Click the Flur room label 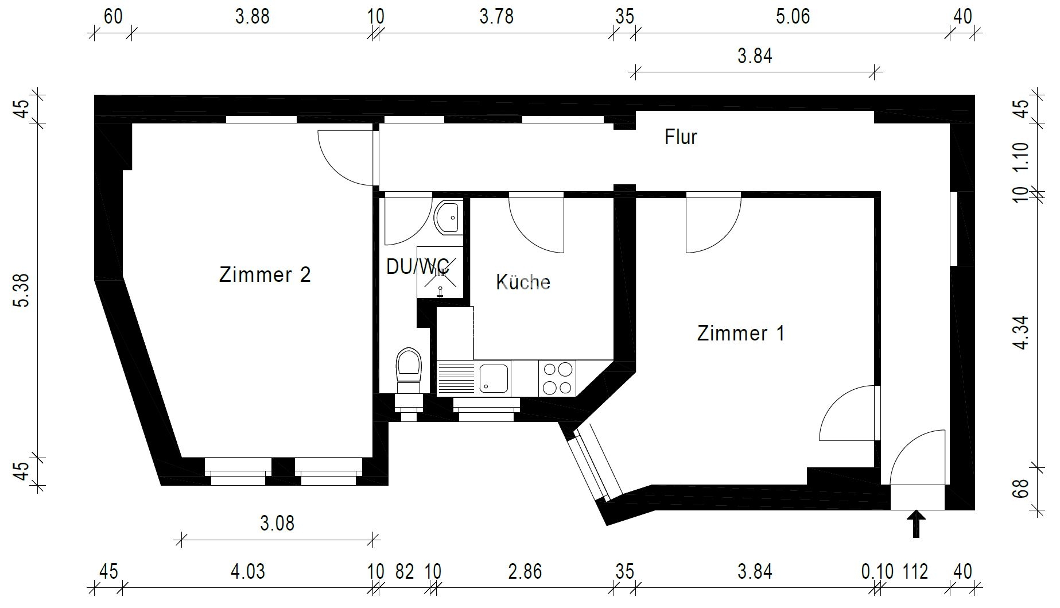point(681,137)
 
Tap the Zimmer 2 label point(265,274)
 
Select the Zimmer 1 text point(740,333)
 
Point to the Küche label point(523,282)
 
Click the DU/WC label point(417,266)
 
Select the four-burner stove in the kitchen point(557,378)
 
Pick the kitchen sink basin point(494,378)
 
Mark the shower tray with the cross point(440,273)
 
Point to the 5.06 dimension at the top point(793,16)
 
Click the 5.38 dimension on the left point(22,291)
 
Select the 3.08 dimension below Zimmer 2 point(277,523)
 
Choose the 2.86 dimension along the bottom point(525,572)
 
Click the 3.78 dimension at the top point(496,16)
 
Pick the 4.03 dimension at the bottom point(248,572)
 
